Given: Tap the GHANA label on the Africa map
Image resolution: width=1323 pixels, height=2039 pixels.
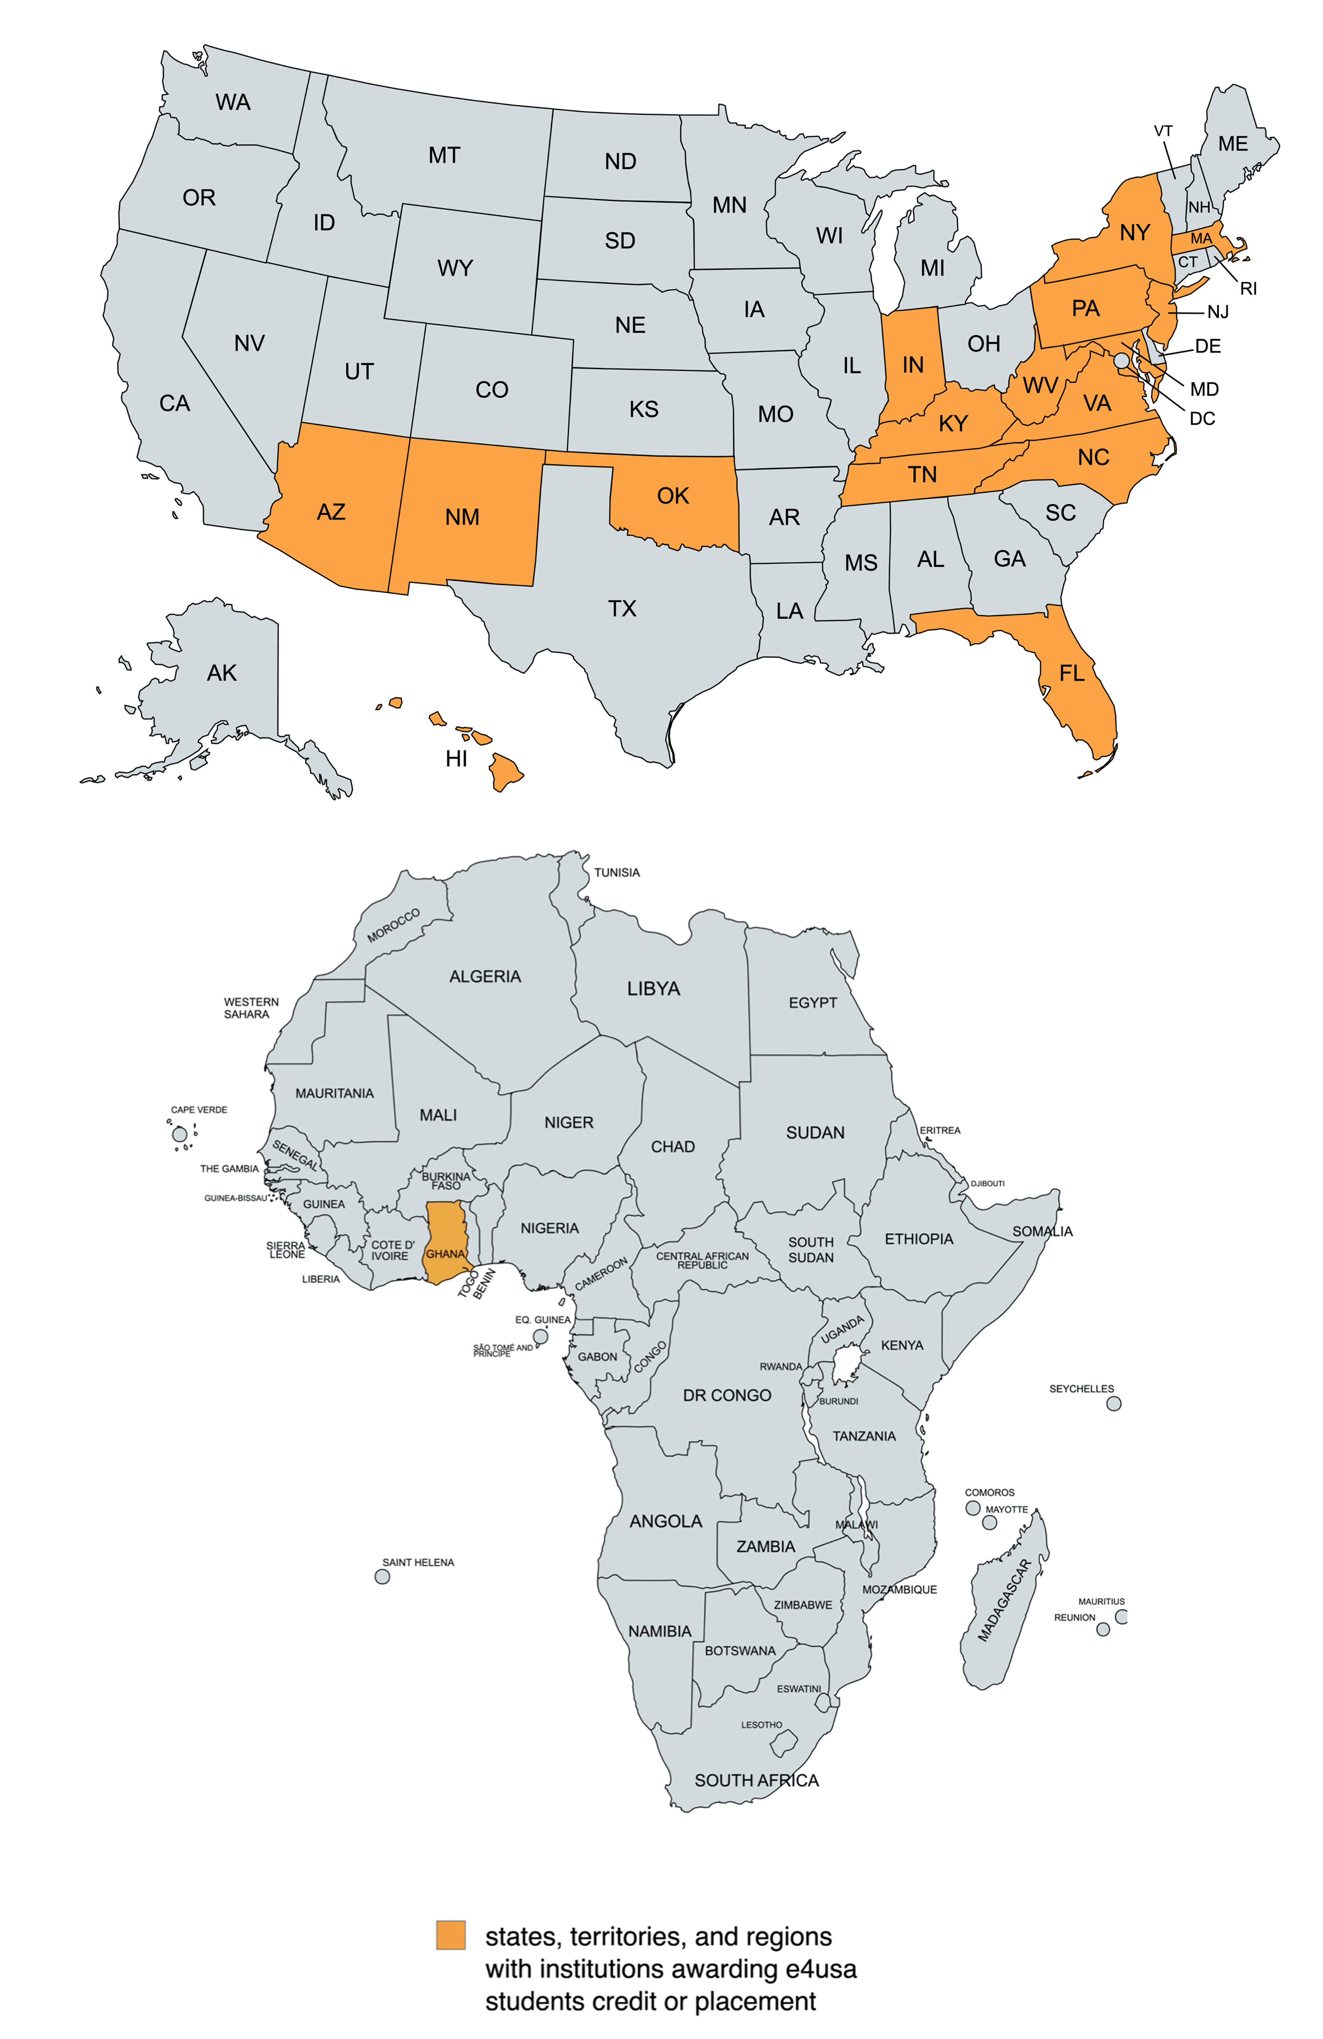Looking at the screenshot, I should [446, 1253].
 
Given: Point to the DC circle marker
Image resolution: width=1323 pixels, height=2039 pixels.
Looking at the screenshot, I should [1122, 361].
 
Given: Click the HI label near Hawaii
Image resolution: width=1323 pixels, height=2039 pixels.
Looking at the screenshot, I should [457, 758].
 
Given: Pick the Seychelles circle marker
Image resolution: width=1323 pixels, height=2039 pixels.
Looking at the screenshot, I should [1113, 1403].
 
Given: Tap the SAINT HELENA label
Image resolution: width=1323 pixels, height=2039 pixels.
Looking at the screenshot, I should [418, 1562].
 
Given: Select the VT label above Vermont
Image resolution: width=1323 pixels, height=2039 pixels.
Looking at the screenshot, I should [1163, 131].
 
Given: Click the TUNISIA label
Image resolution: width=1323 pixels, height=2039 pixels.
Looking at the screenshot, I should [617, 872].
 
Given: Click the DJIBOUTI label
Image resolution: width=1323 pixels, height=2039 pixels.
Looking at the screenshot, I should [987, 1183].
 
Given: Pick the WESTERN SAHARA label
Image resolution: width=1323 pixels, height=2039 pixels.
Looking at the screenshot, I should [251, 1007].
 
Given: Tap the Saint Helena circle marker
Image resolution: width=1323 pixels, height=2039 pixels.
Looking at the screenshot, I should [382, 1577].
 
